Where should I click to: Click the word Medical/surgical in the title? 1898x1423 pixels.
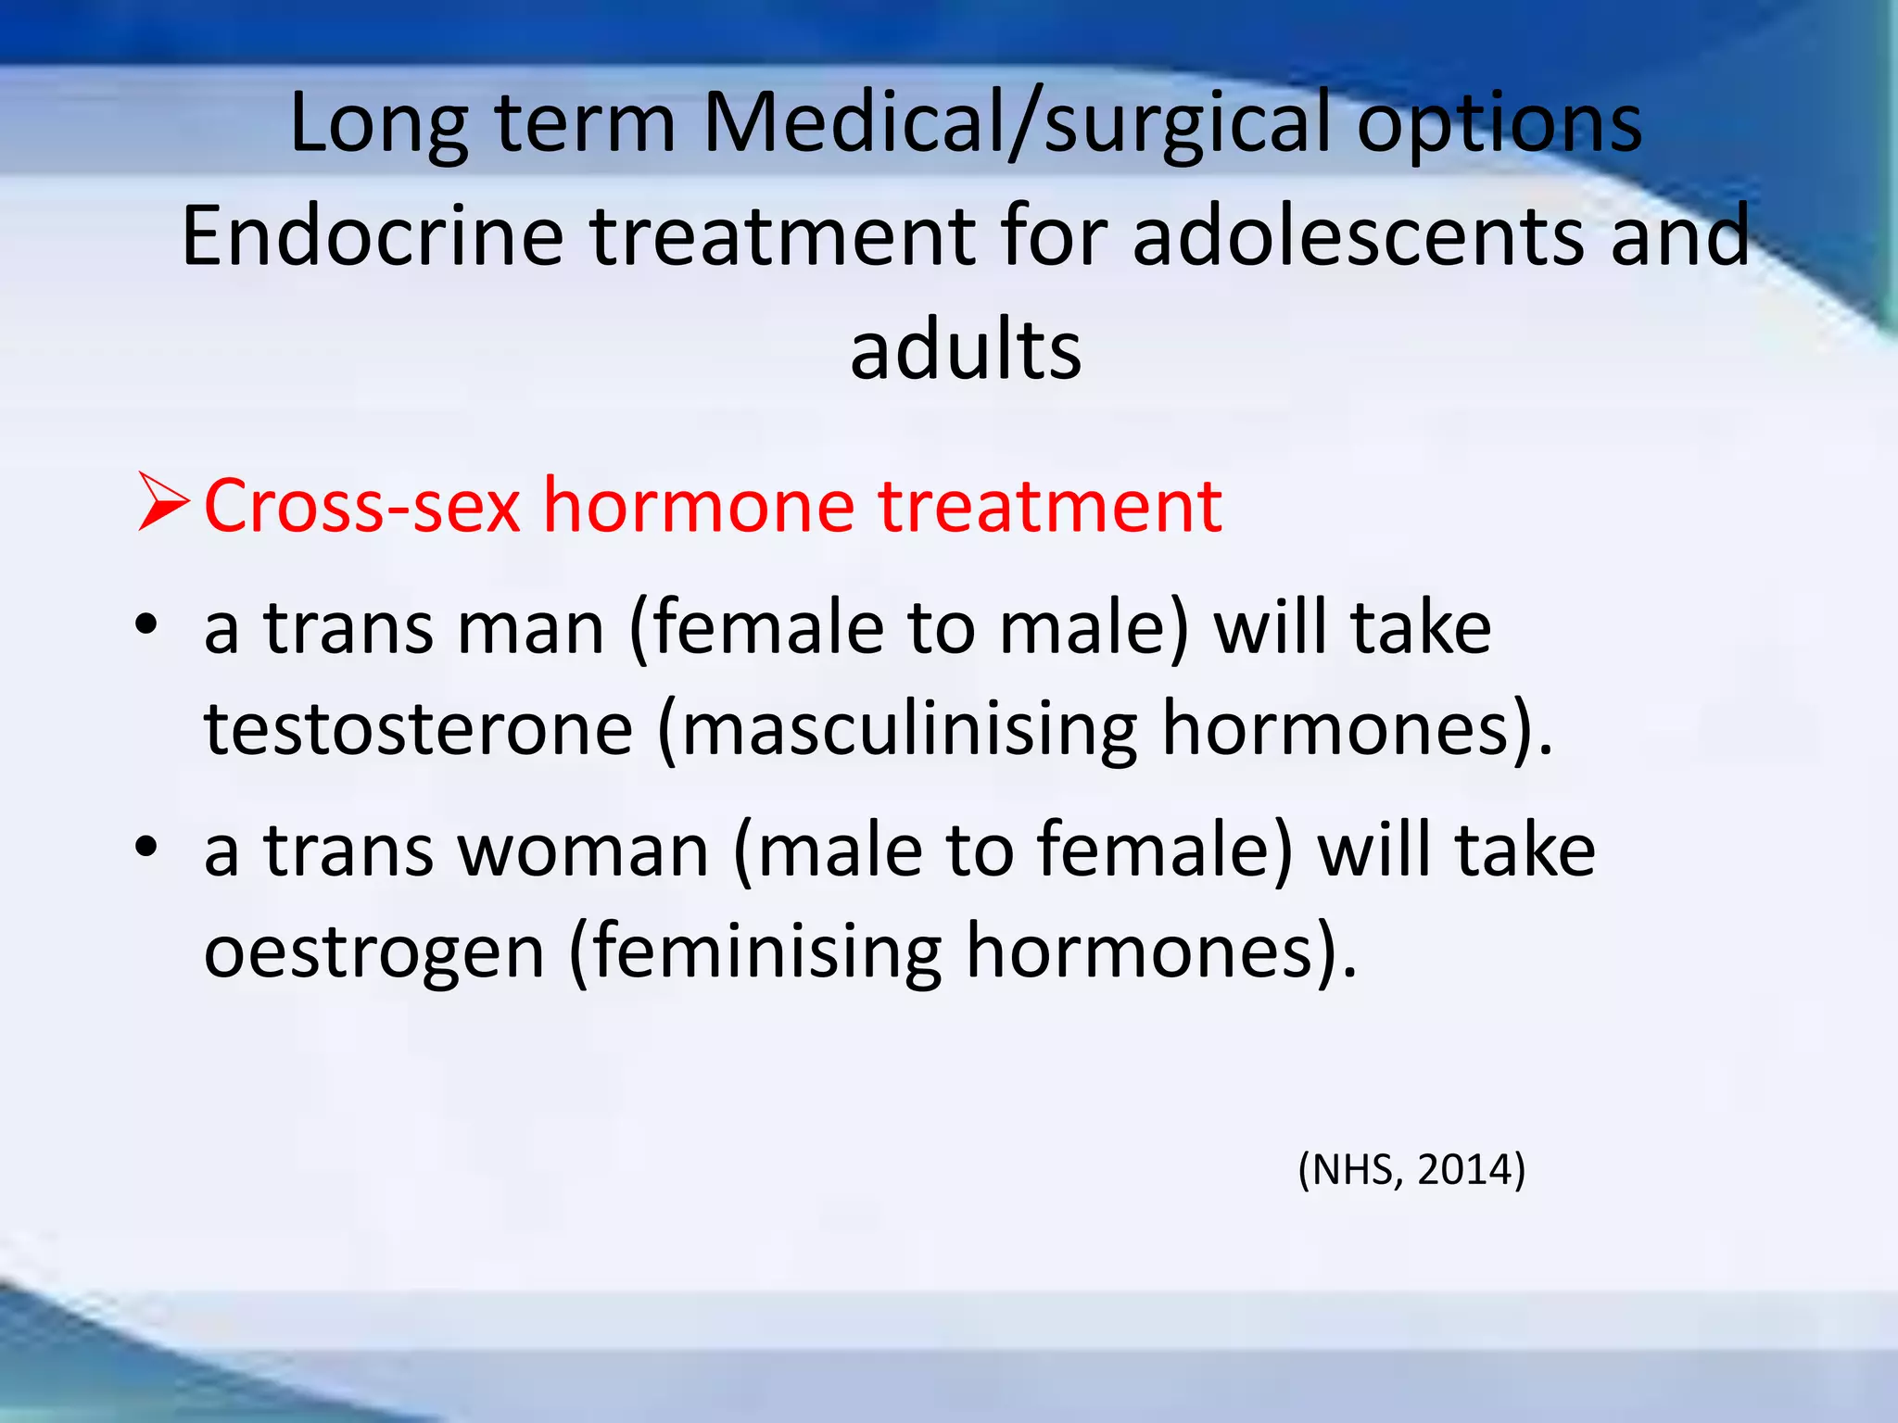(x=1017, y=125)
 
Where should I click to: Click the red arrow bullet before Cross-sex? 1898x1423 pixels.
(x=163, y=502)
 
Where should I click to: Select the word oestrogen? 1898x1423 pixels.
(x=374, y=952)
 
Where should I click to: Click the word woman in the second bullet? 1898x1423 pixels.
(x=584, y=850)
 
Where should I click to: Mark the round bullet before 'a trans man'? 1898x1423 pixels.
(x=146, y=624)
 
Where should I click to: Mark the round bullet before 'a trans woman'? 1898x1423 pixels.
(x=146, y=845)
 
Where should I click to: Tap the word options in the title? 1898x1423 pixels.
(x=1499, y=125)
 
